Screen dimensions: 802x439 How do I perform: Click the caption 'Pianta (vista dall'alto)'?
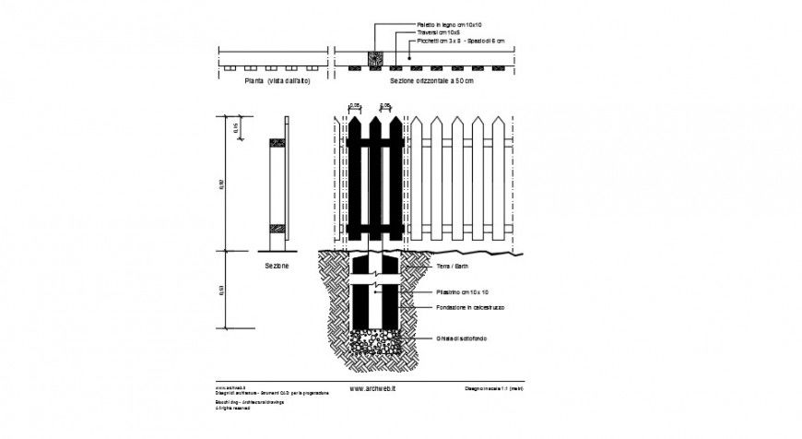click(x=277, y=82)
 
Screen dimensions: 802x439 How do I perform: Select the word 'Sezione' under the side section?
click(x=277, y=266)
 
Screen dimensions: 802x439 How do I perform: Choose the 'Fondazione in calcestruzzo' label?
click(x=470, y=307)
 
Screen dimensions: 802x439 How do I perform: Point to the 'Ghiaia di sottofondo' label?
click(x=463, y=338)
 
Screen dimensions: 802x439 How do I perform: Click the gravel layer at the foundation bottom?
click(x=375, y=342)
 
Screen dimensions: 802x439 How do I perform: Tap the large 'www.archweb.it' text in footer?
click(x=373, y=389)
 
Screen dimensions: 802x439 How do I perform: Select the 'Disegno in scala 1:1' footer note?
click(x=494, y=389)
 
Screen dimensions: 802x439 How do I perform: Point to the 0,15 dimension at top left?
click(x=236, y=128)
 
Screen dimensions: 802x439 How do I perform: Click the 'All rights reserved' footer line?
click(x=234, y=408)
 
